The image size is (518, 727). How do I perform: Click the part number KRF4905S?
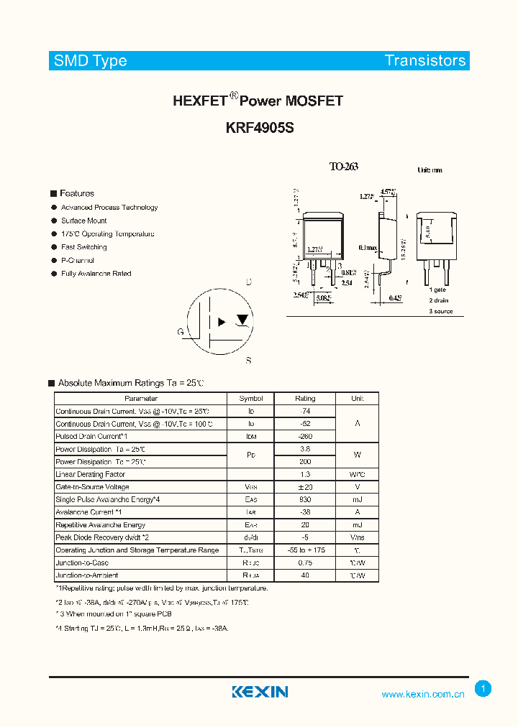(x=259, y=128)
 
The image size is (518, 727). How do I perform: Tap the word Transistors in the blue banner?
(x=425, y=61)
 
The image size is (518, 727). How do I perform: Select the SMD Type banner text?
(x=91, y=61)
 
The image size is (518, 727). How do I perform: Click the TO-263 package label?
(x=343, y=167)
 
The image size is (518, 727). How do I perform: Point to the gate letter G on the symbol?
(x=181, y=332)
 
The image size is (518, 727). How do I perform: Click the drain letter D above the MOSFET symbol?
(x=249, y=282)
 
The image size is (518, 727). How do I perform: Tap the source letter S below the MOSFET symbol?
(x=248, y=361)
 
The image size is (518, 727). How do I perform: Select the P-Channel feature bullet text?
(x=78, y=261)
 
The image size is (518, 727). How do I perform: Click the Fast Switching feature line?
(x=84, y=247)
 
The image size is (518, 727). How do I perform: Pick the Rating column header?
(x=305, y=399)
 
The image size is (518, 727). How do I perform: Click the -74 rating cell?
(x=305, y=412)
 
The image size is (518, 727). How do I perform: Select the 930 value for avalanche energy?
(x=305, y=500)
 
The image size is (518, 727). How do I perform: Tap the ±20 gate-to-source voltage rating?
(x=305, y=487)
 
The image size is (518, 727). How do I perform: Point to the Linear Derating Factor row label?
(x=91, y=475)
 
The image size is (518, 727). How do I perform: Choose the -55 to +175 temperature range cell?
(x=305, y=550)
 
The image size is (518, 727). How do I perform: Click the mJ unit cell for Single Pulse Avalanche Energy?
(x=358, y=500)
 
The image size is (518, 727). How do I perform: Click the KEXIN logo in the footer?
(x=260, y=692)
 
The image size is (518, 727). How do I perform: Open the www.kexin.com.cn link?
(x=423, y=695)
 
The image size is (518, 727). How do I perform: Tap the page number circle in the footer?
(x=483, y=689)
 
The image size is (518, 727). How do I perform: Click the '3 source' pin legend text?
(x=441, y=311)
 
